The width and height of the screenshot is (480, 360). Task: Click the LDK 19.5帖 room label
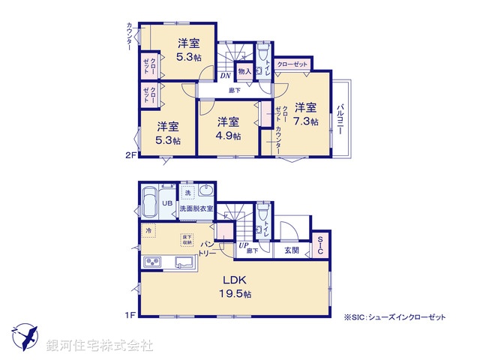click(x=232, y=287)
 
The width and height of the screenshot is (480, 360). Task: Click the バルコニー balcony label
click(x=340, y=118)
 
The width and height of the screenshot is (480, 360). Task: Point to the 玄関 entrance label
click(x=292, y=251)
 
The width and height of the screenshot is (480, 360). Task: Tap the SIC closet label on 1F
click(x=320, y=244)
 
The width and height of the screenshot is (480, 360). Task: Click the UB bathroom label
click(x=168, y=202)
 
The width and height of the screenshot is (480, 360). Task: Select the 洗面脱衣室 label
click(x=196, y=208)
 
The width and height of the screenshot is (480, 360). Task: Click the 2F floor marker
click(x=129, y=155)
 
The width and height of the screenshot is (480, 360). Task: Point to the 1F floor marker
click(x=129, y=315)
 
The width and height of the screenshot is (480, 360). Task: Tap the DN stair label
click(x=224, y=74)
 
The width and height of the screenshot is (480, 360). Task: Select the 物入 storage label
click(x=243, y=72)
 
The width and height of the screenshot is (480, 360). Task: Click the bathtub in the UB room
click(x=148, y=200)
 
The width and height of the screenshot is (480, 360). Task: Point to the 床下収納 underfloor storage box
click(x=187, y=241)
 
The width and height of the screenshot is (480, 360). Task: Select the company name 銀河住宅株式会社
click(x=100, y=345)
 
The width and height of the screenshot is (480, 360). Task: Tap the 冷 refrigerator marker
click(x=148, y=230)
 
